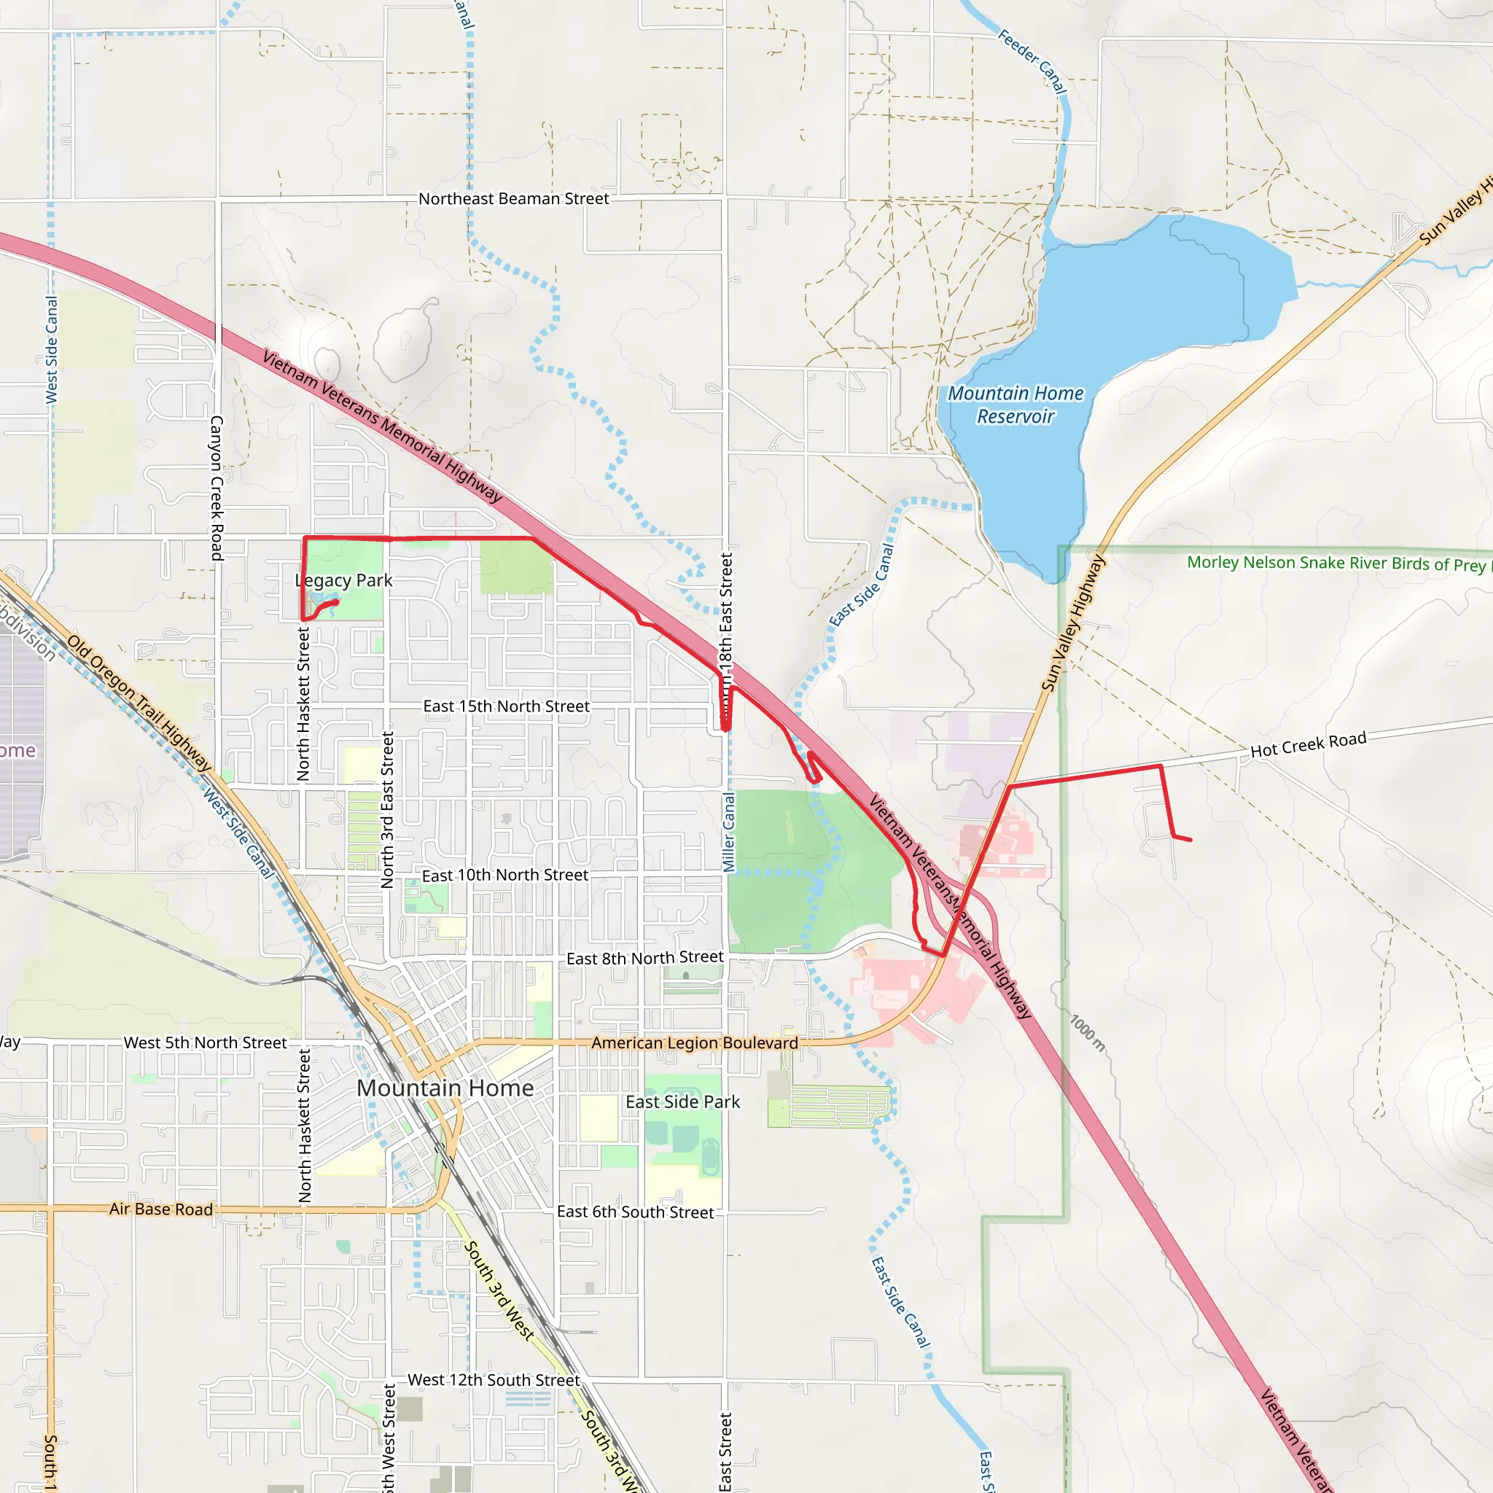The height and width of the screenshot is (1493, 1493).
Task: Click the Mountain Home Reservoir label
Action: point(1016,405)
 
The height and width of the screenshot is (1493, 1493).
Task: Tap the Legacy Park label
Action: point(344,580)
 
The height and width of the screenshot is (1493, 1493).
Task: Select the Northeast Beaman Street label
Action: point(514,198)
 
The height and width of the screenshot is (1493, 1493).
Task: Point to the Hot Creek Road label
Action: point(1309,745)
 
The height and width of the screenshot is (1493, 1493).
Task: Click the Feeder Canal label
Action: point(1032,62)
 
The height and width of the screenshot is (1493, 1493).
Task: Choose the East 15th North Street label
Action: point(506,706)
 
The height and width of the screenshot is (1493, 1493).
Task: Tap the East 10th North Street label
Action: point(504,875)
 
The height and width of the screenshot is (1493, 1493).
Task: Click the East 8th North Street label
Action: point(645,958)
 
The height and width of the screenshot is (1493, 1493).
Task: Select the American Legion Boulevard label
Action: point(695,1043)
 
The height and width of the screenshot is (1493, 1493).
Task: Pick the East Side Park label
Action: point(682,1102)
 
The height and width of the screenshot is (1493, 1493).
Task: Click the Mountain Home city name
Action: point(445,1088)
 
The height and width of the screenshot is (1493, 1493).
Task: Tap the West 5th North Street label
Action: point(205,1043)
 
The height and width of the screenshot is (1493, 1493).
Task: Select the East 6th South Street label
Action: point(635,1212)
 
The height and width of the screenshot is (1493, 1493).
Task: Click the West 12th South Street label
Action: point(493,1380)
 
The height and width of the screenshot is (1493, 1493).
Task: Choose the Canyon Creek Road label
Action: point(217,488)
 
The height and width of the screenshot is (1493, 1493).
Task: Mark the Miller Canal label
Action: point(730,833)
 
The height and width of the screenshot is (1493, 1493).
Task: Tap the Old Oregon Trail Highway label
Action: point(139,703)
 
